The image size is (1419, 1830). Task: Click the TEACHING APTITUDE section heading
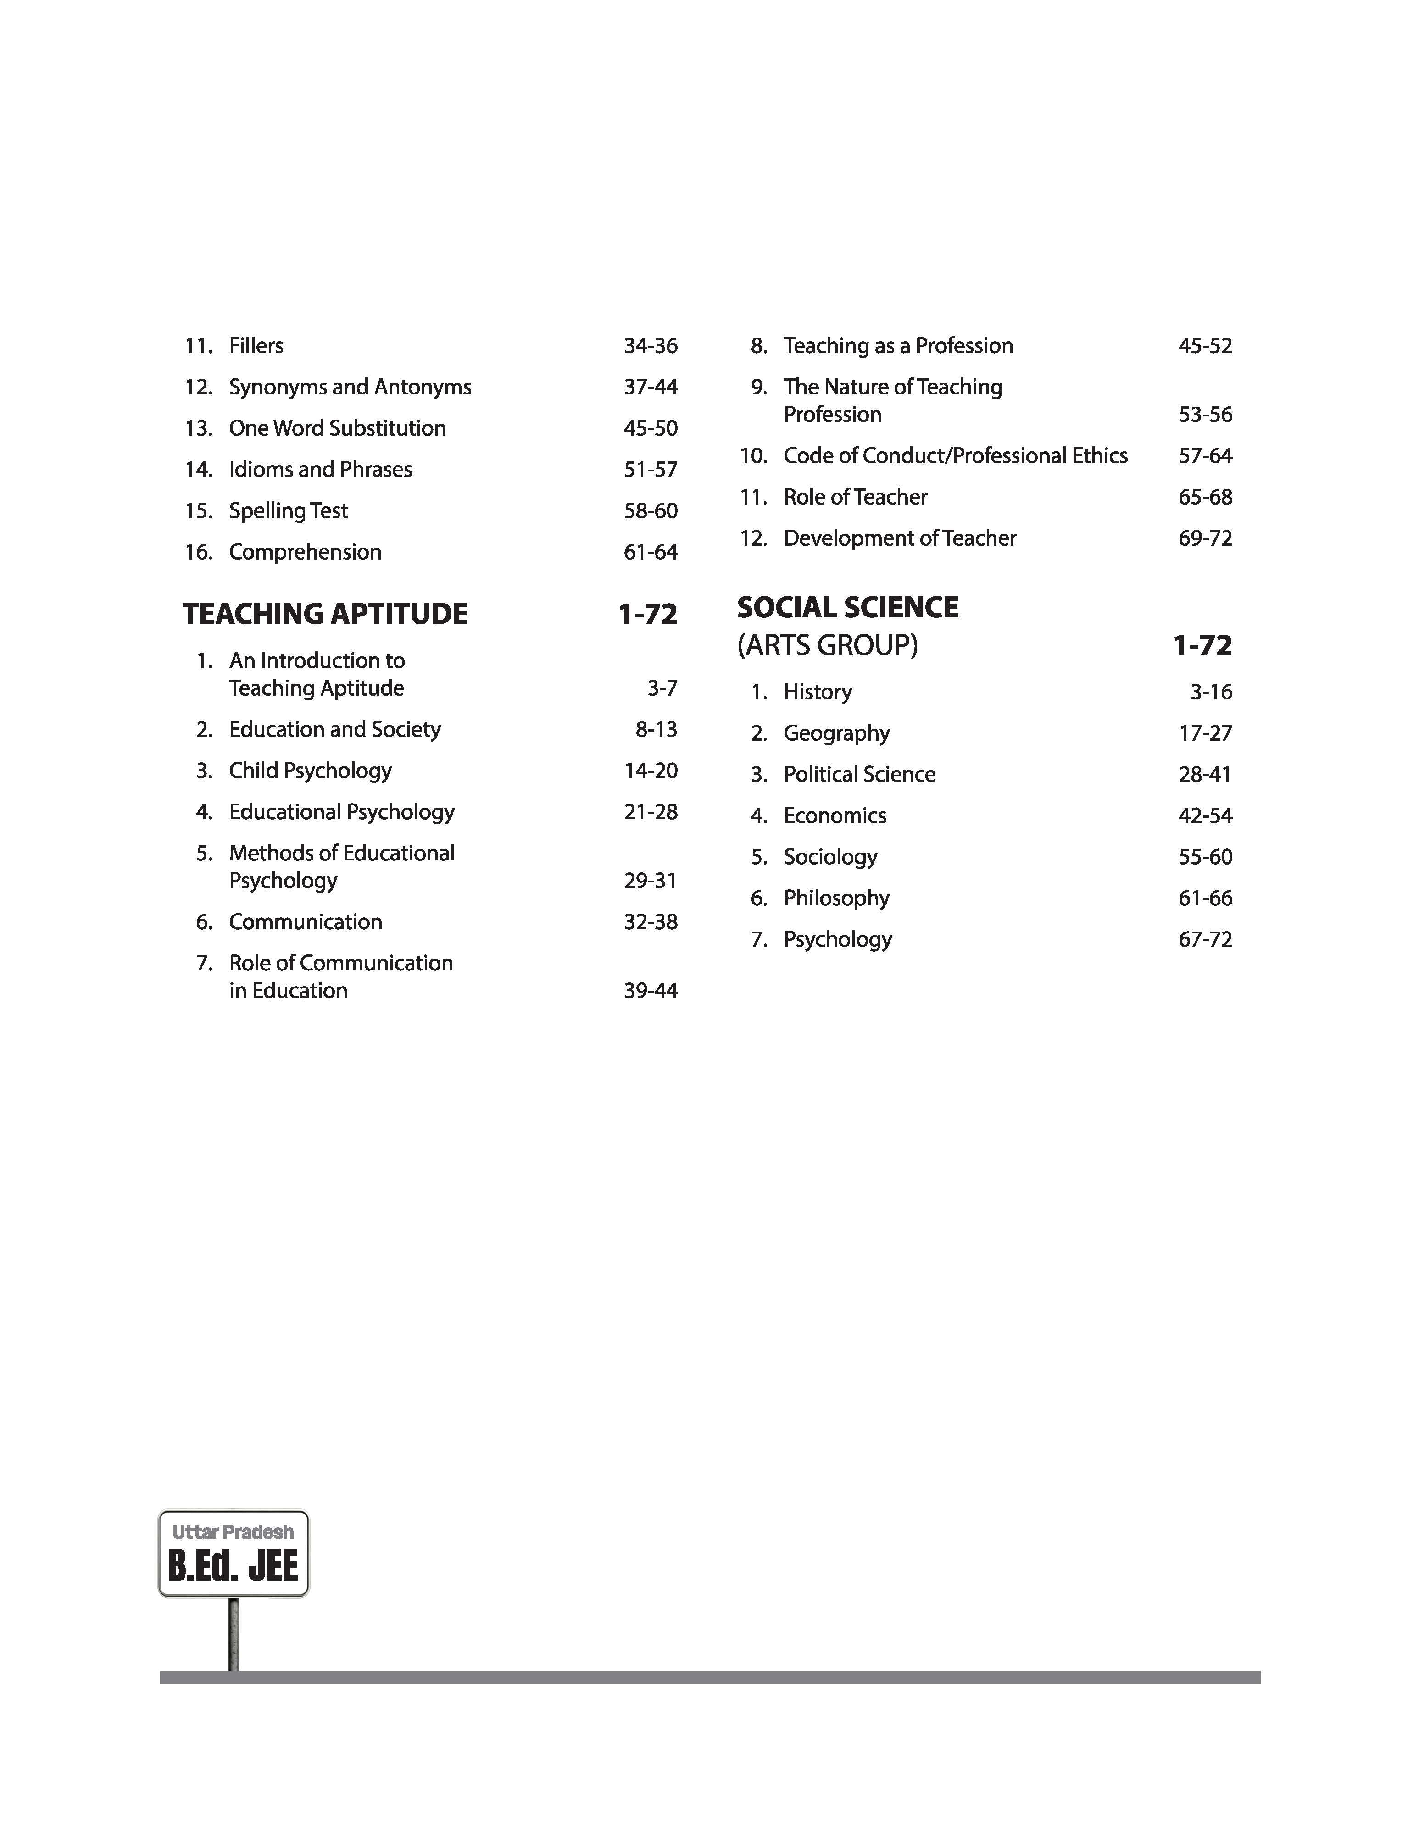tap(325, 614)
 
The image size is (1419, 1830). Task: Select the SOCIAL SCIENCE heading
tap(847, 608)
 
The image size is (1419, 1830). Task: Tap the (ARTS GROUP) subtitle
tap(827, 645)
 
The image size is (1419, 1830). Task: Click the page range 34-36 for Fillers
tap(651, 346)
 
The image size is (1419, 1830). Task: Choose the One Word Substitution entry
tap(337, 428)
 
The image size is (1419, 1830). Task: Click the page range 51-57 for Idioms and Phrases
tap(651, 469)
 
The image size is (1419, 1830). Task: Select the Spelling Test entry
tap(288, 510)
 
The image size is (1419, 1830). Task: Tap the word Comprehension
tap(305, 551)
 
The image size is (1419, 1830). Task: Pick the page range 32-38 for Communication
tap(651, 922)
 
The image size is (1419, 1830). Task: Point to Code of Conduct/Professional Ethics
tap(956, 456)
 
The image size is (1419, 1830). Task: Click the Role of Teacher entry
tap(856, 497)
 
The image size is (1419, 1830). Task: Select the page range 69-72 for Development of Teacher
tap(1205, 538)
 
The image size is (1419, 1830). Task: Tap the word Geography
tap(836, 733)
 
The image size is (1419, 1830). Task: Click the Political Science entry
tap(859, 774)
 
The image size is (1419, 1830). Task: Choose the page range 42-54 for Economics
tap(1205, 815)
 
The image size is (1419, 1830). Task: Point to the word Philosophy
tap(836, 898)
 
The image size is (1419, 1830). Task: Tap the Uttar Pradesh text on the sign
tap(233, 1532)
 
